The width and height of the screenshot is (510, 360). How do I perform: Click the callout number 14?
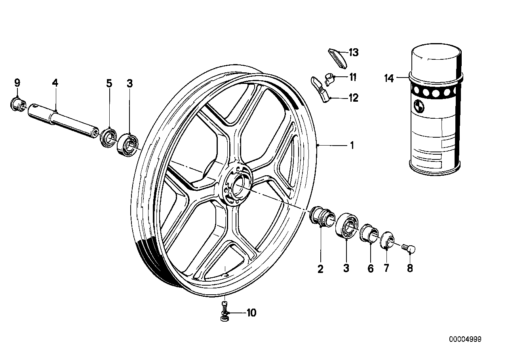389,78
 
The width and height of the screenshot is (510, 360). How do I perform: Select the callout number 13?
353,53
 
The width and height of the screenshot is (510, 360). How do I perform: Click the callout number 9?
17,83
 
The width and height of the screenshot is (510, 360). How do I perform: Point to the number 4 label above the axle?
55,83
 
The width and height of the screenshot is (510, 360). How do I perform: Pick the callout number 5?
109,83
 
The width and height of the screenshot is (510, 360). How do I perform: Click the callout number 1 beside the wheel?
351,146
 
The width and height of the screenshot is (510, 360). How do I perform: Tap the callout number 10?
251,313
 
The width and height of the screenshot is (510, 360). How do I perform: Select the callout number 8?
410,268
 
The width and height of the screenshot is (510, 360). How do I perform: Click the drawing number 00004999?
465,339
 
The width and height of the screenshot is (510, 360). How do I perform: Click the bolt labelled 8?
408,248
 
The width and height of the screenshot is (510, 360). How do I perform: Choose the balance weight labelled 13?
337,58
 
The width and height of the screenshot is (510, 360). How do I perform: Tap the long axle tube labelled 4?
63,119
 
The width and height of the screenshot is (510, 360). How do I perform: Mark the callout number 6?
371,269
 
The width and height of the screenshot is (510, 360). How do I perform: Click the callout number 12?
353,98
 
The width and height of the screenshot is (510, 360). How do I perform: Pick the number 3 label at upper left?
130,83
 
